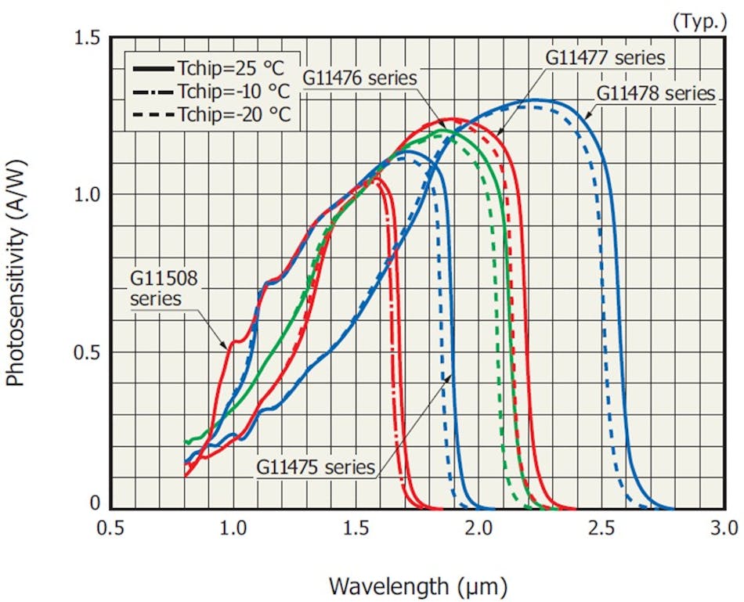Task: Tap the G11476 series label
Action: coord(360,78)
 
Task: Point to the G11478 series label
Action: coord(656,93)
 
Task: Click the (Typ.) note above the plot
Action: coord(699,21)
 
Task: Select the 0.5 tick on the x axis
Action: coord(110,527)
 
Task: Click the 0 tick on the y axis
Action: coord(96,504)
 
